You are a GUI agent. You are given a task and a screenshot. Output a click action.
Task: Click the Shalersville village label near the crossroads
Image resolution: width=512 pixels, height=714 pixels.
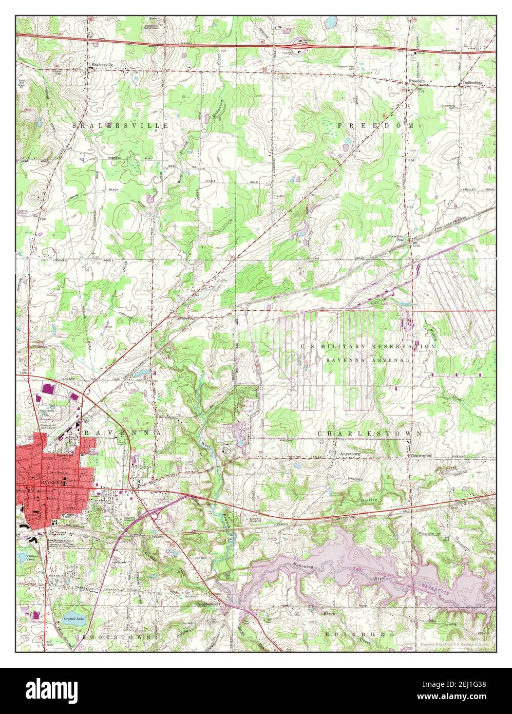(102, 65)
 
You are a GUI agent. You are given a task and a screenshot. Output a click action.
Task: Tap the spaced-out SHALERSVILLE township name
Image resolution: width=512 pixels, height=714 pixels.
(120, 125)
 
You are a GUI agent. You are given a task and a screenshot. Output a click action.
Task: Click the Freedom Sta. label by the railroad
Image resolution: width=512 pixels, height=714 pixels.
(395, 237)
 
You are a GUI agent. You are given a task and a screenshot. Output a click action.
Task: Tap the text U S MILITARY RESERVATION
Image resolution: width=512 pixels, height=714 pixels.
(368, 347)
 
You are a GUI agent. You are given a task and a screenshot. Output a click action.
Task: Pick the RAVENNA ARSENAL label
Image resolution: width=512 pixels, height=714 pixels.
(368, 360)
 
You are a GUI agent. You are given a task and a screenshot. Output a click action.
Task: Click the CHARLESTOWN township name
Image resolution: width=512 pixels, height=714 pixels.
(370, 434)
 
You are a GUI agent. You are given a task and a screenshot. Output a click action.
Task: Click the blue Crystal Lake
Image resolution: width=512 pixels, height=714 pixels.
(74, 619)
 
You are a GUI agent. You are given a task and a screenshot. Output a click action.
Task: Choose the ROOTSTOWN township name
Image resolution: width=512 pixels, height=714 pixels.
(116, 636)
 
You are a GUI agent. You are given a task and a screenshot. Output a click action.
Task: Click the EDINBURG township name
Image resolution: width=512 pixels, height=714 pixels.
(360, 634)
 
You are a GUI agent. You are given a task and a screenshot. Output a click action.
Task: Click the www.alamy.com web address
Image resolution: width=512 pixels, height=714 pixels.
(460, 697)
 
